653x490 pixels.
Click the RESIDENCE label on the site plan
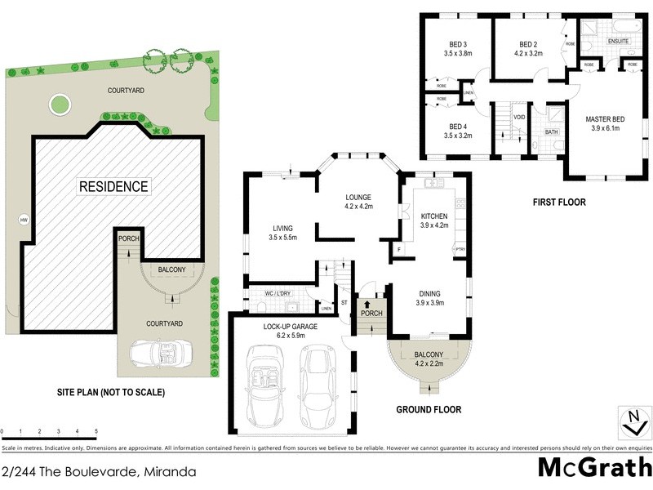tap(113, 186)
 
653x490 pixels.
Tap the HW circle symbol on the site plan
tap(24, 219)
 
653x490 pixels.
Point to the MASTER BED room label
tap(603, 119)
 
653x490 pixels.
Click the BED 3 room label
tap(458, 44)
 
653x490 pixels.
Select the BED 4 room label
tap(458, 127)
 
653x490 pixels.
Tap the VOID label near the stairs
tap(519, 117)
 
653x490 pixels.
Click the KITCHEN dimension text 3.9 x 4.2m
tap(434, 225)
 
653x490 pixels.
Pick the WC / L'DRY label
tap(278, 292)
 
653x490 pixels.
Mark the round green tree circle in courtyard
tap(58, 104)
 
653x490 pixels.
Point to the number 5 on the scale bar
tap(96, 430)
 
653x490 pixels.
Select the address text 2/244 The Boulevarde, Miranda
tap(99, 471)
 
